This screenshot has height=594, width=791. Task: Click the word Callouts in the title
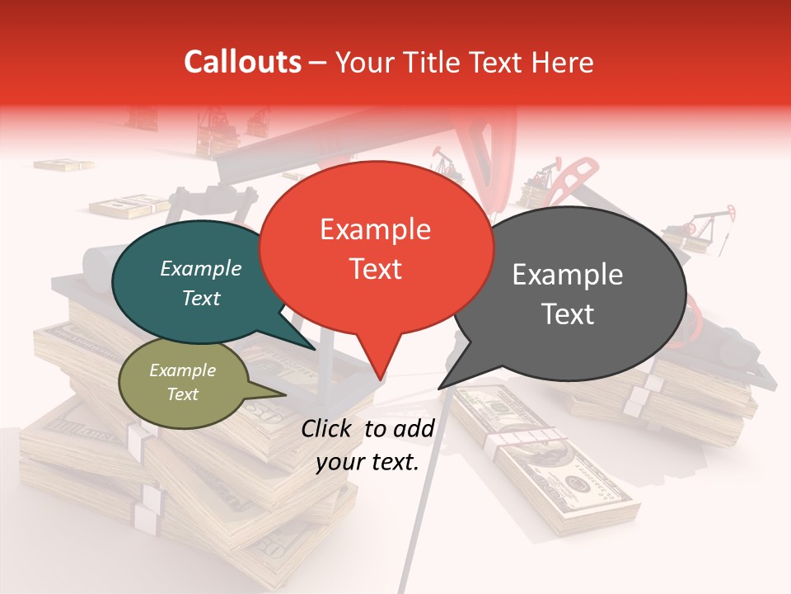tap(242, 62)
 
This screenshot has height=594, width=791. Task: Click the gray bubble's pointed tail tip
tap(439, 388)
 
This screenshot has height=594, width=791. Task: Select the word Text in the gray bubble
tap(569, 314)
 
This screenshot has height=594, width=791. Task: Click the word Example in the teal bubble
tap(200, 268)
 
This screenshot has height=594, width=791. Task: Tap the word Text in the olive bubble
tap(182, 394)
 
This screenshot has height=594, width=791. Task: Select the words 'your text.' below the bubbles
tap(367, 462)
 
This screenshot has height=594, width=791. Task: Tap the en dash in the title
tap(318, 63)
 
